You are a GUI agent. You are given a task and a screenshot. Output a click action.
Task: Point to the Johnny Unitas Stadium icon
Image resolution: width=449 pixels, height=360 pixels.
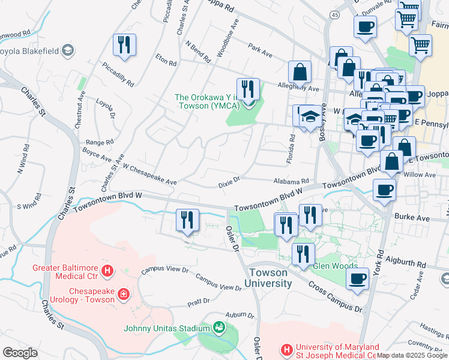tap(220, 328)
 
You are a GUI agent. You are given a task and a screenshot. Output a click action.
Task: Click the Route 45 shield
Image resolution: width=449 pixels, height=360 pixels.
tap(335, 14)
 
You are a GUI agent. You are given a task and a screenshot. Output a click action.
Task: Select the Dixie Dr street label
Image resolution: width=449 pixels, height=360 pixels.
tap(229, 179)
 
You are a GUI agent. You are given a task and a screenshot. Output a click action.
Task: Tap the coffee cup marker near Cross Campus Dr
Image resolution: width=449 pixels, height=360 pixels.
tap(358, 278)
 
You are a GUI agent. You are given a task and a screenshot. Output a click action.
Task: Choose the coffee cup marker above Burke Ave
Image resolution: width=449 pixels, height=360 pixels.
tap(384, 190)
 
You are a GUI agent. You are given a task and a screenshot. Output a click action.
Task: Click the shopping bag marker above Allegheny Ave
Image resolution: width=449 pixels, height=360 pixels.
tap(300, 72)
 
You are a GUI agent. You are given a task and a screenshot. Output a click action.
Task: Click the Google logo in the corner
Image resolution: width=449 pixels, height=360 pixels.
tap(20, 352)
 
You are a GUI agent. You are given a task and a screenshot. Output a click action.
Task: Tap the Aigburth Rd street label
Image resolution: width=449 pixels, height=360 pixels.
tap(409, 264)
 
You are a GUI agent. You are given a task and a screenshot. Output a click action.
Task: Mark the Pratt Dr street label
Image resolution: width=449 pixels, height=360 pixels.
tap(197, 301)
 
